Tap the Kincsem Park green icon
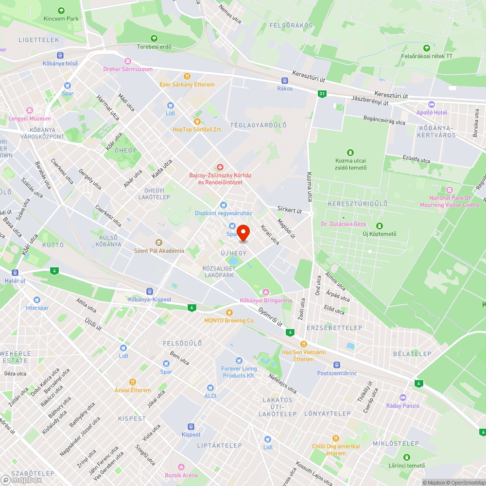click(x=61, y=11)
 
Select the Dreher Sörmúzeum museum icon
click(x=128, y=61)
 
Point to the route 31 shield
click(x=322, y=93)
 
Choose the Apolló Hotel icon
click(x=431, y=104)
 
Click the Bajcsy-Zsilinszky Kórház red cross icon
click(x=220, y=167)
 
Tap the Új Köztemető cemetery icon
click(x=379, y=226)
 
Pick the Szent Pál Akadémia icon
click(x=159, y=243)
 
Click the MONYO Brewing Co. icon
click(x=229, y=312)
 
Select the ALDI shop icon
click(x=210, y=388)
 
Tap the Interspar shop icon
click(x=37, y=300)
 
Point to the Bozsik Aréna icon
click(x=181, y=467)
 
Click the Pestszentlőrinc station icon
click(x=336, y=365)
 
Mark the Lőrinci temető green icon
click(x=406, y=457)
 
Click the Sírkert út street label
click(x=290, y=210)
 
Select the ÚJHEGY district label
click(x=234, y=253)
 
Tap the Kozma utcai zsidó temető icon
click(x=351, y=153)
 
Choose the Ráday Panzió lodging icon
click(x=402, y=398)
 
